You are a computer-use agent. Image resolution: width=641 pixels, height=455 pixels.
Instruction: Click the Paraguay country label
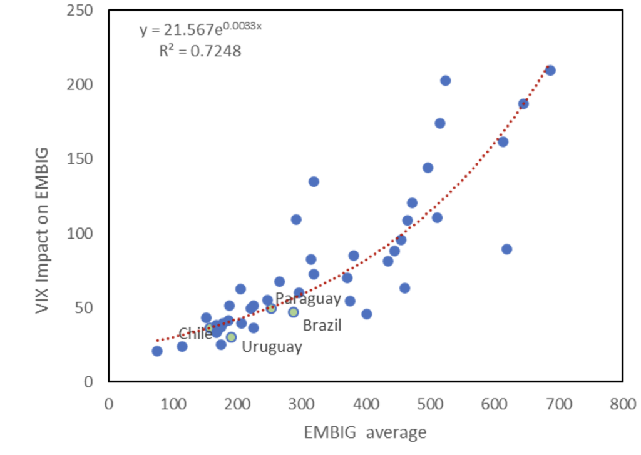pyautogui.click(x=308, y=298)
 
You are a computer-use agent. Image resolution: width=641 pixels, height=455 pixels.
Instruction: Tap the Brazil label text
pyautogui.click(x=322, y=325)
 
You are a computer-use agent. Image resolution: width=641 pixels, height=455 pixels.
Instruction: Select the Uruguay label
pyautogui.click(x=272, y=347)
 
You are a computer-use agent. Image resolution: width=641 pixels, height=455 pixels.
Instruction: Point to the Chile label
pyautogui.click(x=195, y=334)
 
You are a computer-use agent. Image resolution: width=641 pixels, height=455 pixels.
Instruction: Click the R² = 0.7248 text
pyautogui.click(x=200, y=51)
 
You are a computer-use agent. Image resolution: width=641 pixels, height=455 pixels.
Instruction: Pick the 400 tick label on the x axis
pyautogui.click(x=366, y=404)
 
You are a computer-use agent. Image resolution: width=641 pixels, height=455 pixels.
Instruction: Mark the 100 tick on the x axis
pyautogui.click(x=173, y=404)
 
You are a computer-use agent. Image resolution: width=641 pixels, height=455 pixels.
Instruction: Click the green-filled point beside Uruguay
pyautogui.click(x=231, y=337)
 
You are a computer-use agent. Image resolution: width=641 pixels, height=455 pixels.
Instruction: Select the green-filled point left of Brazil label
pyautogui.click(x=293, y=312)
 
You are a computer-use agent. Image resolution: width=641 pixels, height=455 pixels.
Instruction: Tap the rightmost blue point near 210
pyautogui.click(x=550, y=70)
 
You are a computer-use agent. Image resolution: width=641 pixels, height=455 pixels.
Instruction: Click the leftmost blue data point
pyautogui.click(x=157, y=351)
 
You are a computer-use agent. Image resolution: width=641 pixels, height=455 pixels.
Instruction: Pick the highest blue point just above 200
pyautogui.click(x=446, y=81)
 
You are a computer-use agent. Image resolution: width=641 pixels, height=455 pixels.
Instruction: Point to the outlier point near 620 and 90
pyautogui.click(x=507, y=249)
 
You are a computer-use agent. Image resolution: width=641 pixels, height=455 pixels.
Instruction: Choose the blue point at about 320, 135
pyautogui.click(x=314, y=181)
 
